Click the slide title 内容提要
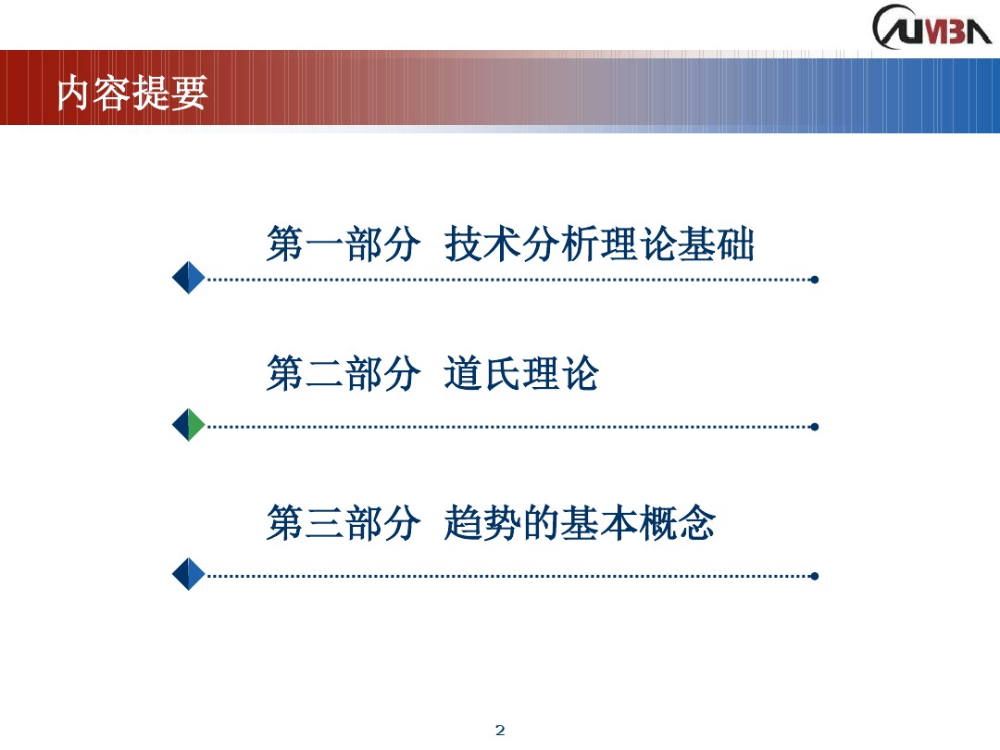point(132,94)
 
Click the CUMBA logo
point(931,28)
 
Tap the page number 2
point(501,731)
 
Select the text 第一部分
point(344,245)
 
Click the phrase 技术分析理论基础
point(599,245)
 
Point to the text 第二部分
point(344,375)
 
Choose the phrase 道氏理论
point(521,375)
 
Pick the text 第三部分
point(344,523)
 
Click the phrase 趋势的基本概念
point(580,523)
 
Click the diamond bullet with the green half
point(189,425)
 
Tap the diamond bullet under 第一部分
point(189,278)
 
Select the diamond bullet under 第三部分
point(189,574)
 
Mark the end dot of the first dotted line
point(814,279)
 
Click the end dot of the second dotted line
point(814,427)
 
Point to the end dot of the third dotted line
point(814,575)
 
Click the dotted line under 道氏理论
point(509,427)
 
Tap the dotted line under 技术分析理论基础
point(509,279)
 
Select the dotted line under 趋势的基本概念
point(509,575)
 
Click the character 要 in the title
point(190,94)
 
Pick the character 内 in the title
point(74,94)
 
